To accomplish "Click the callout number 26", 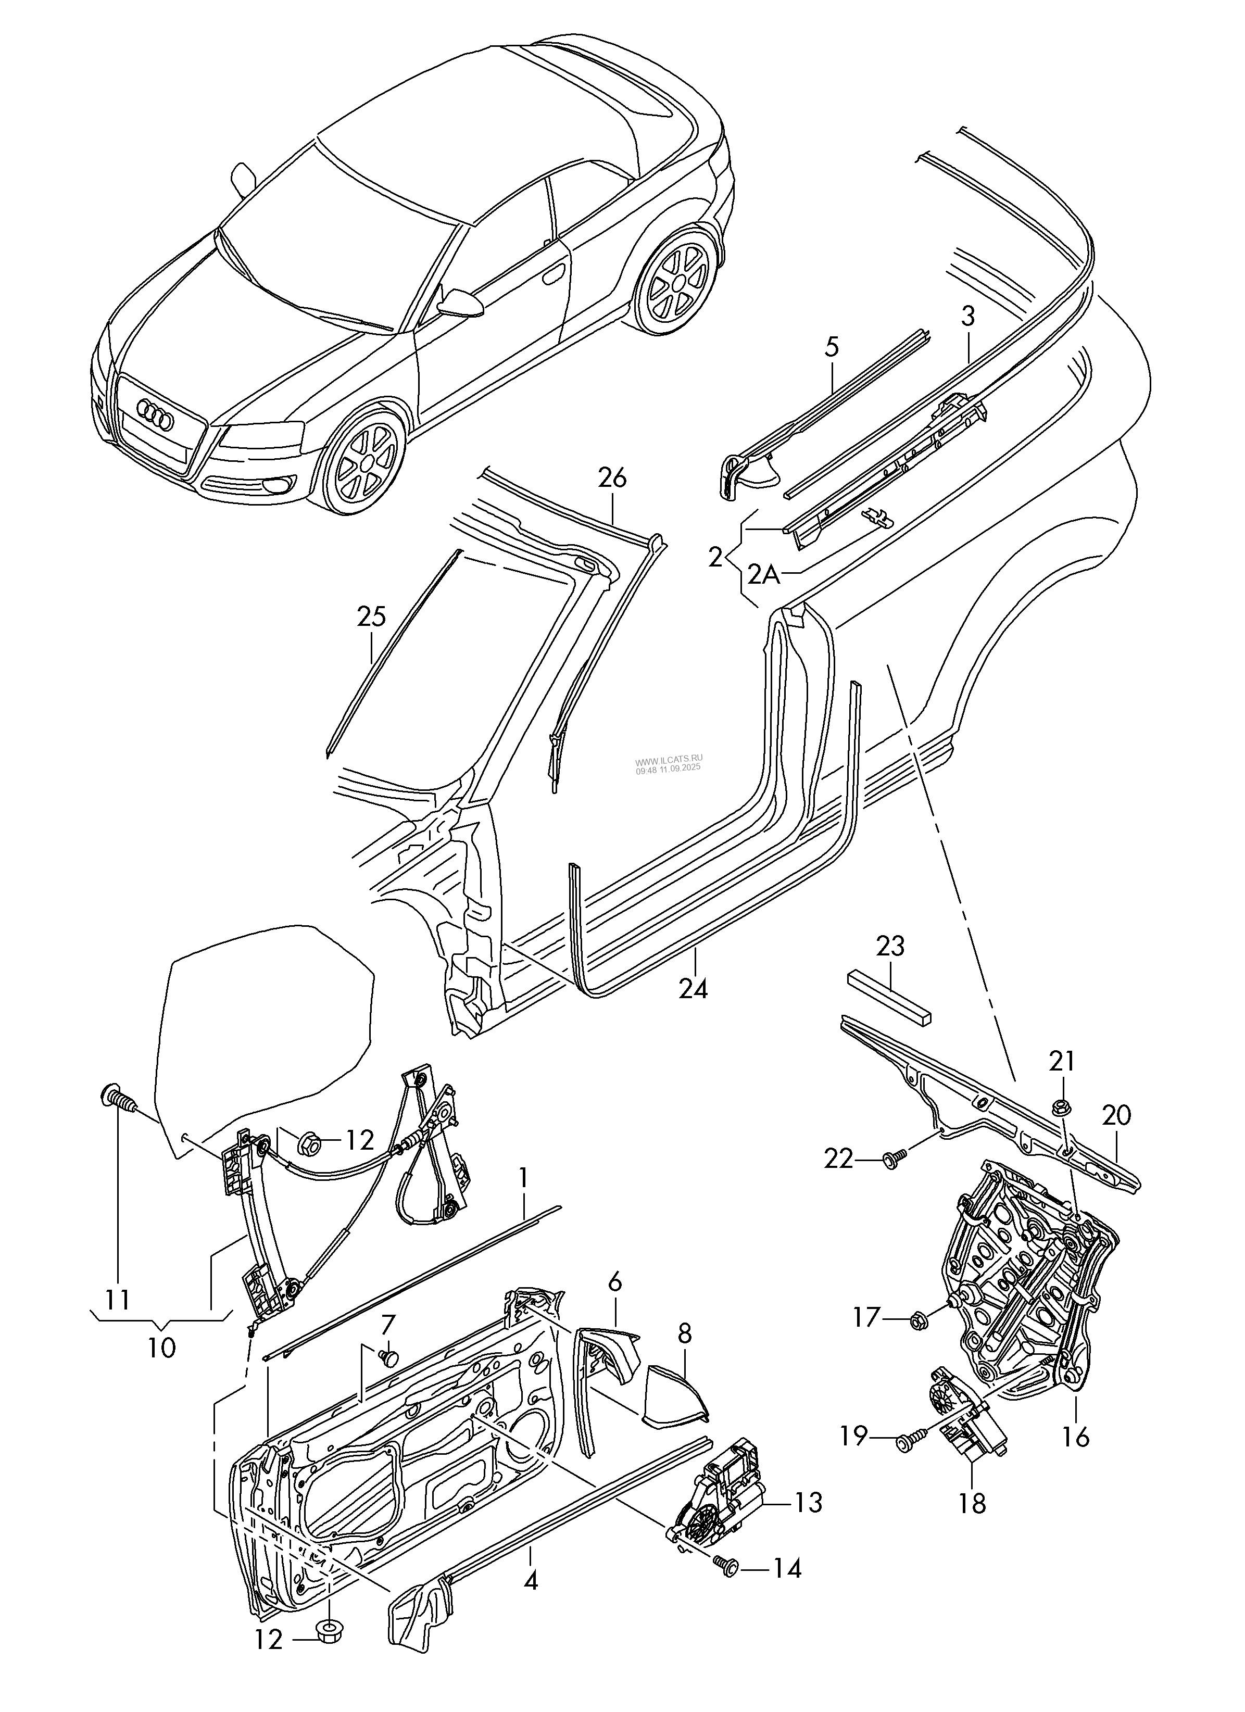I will (x=612, y=479).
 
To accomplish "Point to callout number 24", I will (x=693, y=988).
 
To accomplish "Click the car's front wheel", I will (x=364, y=465).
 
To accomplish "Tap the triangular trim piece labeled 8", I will (x=674, y=1398).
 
